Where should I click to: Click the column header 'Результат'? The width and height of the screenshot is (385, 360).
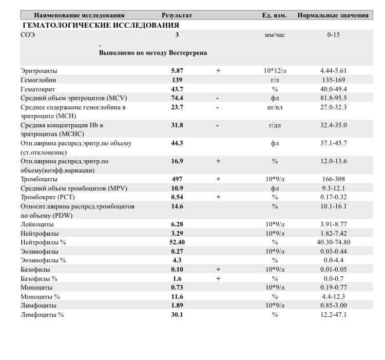pyautogui.click(x=177, y=15)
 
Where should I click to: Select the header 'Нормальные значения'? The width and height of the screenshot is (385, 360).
pyautogui.click(x=333, y=15)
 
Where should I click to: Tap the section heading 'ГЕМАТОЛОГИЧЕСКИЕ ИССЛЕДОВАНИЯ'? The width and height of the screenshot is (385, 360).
pyautogui.click(x=101, y=25)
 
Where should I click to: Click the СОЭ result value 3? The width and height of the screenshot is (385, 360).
pyautogui.click(x=177, y=35)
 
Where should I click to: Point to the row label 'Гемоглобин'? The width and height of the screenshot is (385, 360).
pyautogui.click(x=38, y=80)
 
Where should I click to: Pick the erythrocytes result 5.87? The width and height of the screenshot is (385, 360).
pyautogui.click(x=177, y=70)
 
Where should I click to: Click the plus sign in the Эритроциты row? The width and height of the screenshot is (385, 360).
pyautogui.click(x=218, y=70)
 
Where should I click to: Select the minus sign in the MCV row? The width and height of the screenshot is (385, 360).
pyautogui.click(x=218, y=98)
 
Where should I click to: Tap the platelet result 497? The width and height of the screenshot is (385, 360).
pyautogui.click(x=177, y=179)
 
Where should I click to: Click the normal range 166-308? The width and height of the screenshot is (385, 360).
pyautogui.click(x=333, y=179)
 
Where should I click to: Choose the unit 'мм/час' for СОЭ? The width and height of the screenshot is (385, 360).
pyautogui.click(x=275, y=35)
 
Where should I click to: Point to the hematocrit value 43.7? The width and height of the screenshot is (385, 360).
pyautogui.click(x=177, y=89)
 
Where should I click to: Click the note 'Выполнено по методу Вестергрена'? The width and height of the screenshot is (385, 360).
pyautogui.click(x=153, y=53)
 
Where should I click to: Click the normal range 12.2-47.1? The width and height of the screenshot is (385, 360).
pyautogui.click(x=333, y=314)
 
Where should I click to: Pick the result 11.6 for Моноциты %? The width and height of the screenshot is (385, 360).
pyautogui.click(x=177, y=296)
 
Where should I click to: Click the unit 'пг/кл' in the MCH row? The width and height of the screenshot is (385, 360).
pyautogui.click(x=275, y=107)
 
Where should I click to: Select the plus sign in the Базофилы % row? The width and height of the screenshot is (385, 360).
pyautogui.click(x=218, y=278)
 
